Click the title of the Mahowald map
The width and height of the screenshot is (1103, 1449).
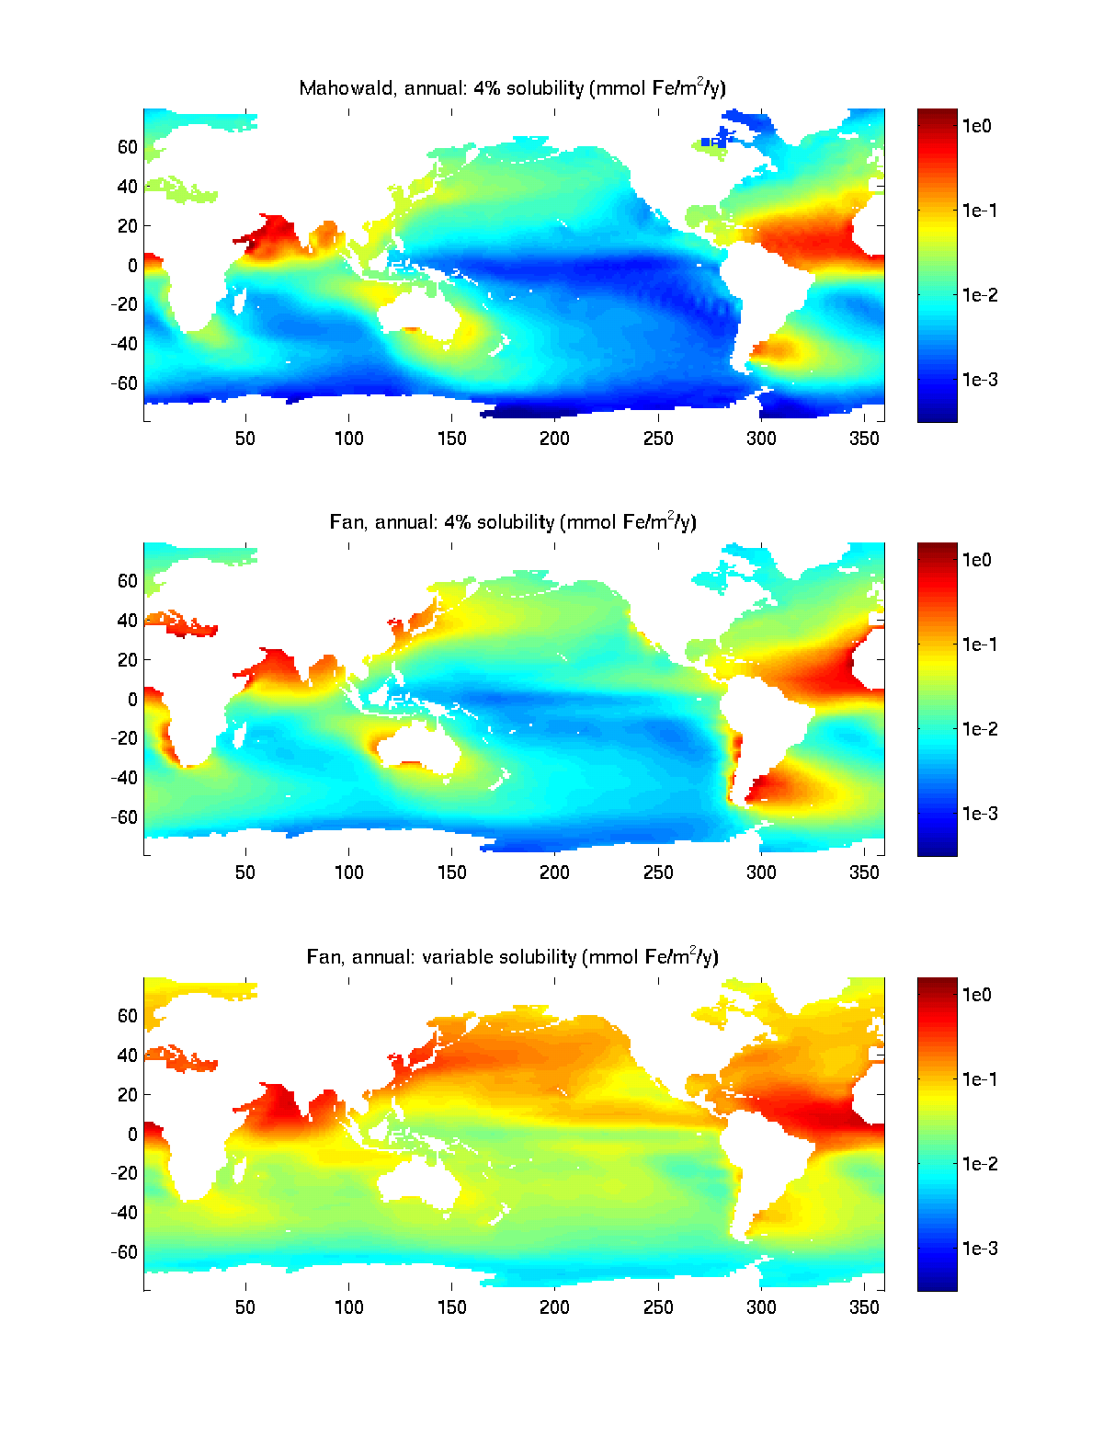(512, 88)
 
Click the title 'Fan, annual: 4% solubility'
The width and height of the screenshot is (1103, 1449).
(512, 522)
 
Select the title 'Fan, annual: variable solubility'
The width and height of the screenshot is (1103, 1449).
(512, 957)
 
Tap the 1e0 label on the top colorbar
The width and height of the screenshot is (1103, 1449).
(977, 126)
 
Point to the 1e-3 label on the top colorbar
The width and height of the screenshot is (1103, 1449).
(980, 380)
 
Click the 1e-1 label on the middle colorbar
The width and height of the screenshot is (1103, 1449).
(980, 645)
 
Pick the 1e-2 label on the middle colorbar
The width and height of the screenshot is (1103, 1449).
(980, 729)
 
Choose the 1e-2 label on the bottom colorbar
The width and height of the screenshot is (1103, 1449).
(980, 1164)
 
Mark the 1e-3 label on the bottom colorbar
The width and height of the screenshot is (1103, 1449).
(980, 1249)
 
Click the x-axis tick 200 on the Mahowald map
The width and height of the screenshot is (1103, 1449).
(554, 439)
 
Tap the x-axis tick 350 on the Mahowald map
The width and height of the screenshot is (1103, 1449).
(864, 439)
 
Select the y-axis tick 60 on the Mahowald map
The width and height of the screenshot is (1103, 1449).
(127, 147)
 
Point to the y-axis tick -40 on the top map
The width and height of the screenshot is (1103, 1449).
(124, 344)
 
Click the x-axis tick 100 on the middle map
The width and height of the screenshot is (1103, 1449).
(348, 873)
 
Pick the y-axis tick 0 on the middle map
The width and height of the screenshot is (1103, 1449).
(132, 700)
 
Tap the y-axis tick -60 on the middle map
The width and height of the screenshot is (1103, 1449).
(124, 817)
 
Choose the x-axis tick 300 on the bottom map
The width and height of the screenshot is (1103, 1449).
(761, 1307)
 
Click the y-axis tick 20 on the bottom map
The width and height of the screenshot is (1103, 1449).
(127, 1095)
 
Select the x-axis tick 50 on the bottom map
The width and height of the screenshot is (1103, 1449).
(245, 1307)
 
